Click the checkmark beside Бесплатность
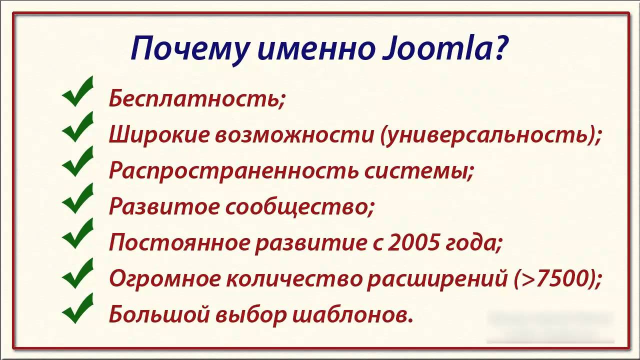pyautogui.click(x=78, y=92)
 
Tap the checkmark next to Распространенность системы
pyautogui.click(x=78, y=162)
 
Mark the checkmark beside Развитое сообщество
pyautogui.click(x=78, y=198)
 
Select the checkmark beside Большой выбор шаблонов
pyautogui.click(x=78, y=307)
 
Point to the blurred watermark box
pyautogui.click(x=550, y=326)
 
